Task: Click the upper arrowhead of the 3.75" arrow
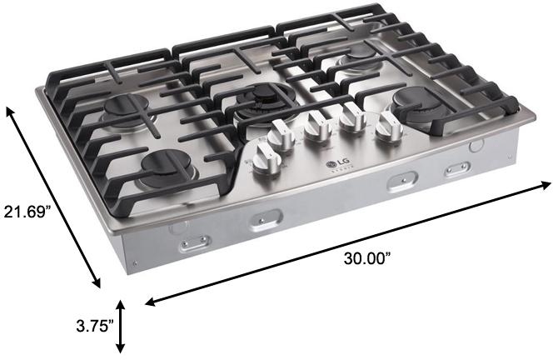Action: click(122, 306)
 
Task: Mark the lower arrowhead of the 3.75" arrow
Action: click(122, 349)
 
